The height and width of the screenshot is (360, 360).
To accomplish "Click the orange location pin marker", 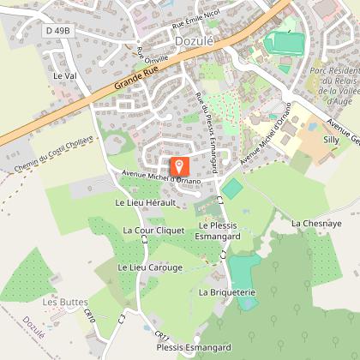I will pos(179,166).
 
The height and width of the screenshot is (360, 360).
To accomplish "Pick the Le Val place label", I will pos(65,75).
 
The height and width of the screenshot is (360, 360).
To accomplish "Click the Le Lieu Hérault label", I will pos(145,202).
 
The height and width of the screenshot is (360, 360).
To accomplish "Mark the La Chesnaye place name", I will pos(316,223).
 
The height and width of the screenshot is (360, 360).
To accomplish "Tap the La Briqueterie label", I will pos(227,291).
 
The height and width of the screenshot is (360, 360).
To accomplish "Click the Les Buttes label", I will pos(61,302).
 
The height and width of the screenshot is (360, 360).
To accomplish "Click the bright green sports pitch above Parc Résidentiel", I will pos(283,41).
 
